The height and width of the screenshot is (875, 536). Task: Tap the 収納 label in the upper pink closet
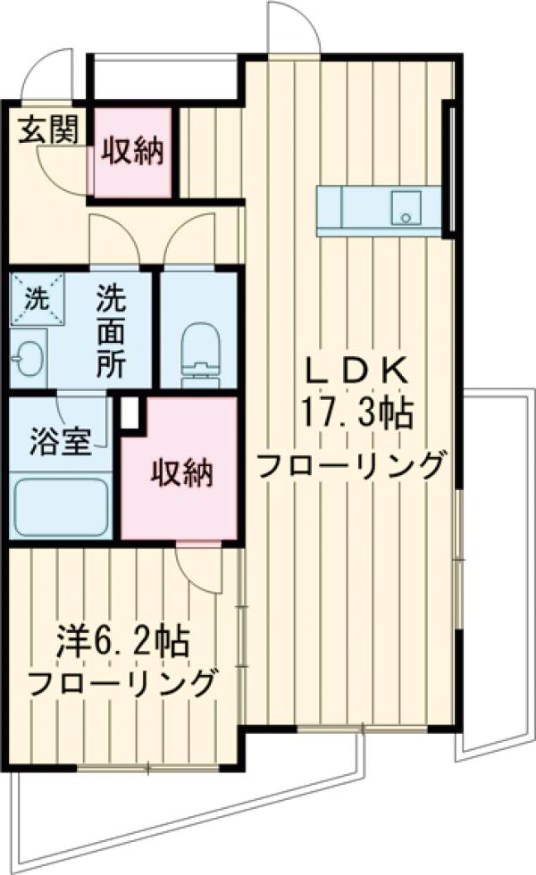point(132,152)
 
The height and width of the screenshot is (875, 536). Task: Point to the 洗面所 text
point(111,329)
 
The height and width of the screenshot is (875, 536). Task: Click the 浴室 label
point(59,444)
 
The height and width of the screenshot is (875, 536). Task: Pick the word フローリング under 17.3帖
point(351,465)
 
